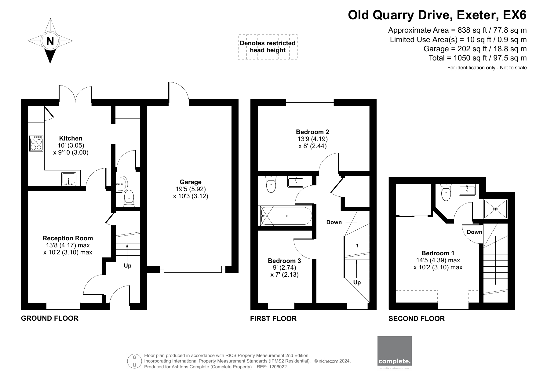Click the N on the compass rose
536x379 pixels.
point(50,41)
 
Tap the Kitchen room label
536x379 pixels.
point(71,138)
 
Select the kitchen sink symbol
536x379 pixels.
point(69,179)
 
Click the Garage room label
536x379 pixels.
point(190,182)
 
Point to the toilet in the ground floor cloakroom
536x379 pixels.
point(129,198)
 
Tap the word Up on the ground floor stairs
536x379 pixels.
point(128,266)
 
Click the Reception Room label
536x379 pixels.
point(67,238)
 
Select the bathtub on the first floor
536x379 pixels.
point(285,216)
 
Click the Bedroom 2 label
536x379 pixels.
point(312,132)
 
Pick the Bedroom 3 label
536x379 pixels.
point(284,261)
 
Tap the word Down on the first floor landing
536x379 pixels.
point(334,222)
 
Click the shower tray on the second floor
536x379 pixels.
point(495,209)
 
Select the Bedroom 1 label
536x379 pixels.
point(438,253)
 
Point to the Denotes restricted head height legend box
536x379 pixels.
point(268,47)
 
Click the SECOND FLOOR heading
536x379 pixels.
point(416,319)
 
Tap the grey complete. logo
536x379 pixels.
point(394,351)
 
